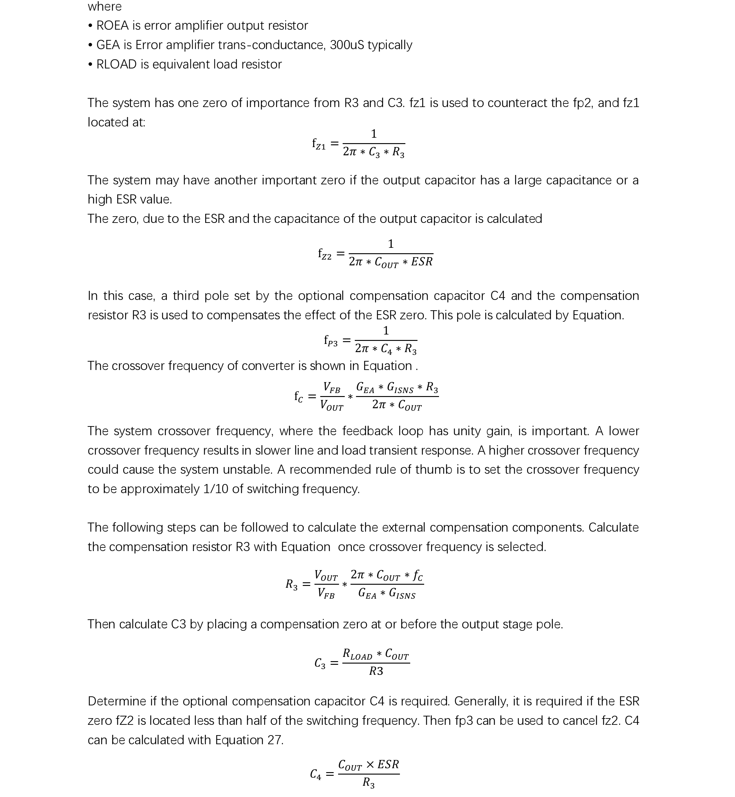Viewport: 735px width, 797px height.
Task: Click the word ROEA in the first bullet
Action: click(x=113, y=25)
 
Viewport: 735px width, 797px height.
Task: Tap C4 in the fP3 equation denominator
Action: click(x=386, y=349)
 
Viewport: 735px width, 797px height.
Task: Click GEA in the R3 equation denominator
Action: click(x=367, y=594)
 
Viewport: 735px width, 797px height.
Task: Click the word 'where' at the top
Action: click(x=105, y=6)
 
